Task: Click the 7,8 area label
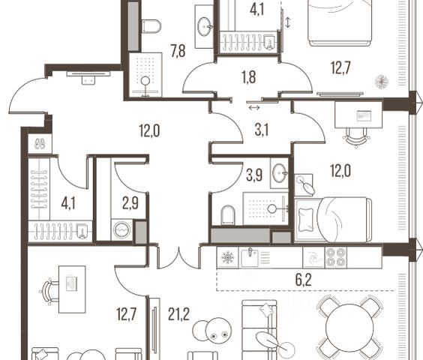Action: [x=178, y=51]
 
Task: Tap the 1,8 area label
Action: [x=249, y=77]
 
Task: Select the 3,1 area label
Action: [x=262, y=130]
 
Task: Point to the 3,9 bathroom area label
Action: [x=254, y=175]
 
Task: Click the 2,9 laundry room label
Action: [x=130, y=203]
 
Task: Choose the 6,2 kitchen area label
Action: [x=304, y=280]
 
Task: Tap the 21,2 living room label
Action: [x=178, y=314]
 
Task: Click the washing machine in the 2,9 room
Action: [x=122, y=230]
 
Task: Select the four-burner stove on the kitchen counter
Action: [x=336, y=257]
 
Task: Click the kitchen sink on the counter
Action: [x=250, y=257]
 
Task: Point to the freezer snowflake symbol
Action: [x=228, y=257]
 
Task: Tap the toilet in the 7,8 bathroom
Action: [x=151, y=26]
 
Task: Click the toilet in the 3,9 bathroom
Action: [x=228, y=214]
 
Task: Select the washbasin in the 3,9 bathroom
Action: [x=280, y=172]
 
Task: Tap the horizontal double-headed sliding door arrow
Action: [x=254, y=108]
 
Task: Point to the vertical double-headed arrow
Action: [x=287, y=22]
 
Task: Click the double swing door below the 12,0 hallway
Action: [x=178, y=258]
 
